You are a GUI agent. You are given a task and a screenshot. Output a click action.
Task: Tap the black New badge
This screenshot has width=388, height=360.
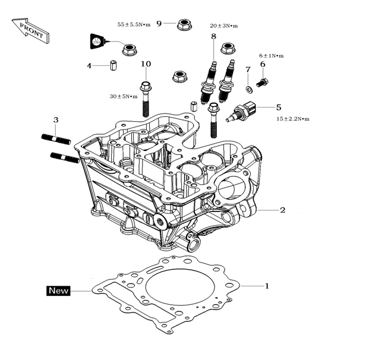click(58, 291)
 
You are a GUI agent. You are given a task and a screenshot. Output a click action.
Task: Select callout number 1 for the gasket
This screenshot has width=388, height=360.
click(267, 286)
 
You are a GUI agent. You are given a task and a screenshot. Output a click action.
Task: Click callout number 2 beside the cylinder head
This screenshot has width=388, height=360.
click(283, 210)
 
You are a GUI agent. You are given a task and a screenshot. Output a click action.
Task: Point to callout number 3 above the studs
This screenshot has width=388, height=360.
click(56, 121)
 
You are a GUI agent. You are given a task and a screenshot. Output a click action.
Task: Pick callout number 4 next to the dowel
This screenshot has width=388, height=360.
click(90, 65)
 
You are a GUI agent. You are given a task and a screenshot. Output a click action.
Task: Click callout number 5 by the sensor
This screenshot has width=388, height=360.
click(279, 108)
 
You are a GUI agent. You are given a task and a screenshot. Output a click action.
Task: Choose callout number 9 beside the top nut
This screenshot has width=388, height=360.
click(159, 23)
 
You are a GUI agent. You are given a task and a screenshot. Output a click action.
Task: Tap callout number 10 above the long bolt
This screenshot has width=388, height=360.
click(146, 64)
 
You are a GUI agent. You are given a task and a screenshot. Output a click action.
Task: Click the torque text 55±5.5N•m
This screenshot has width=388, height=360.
click(134, 24)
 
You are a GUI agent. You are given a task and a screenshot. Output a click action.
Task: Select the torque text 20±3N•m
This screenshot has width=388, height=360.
click(223, 26)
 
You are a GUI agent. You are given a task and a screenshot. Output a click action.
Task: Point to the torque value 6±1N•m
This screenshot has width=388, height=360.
click(271, 56)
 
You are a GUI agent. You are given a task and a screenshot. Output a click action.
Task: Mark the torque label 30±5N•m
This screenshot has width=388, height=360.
click(124, 96)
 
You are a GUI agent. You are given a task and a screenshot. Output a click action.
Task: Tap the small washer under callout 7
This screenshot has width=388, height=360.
click(248, 89)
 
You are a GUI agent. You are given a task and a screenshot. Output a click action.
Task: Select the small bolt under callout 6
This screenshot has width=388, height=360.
click(263, 82)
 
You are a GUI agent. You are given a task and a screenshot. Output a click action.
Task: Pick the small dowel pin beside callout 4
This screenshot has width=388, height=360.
click(112, 65)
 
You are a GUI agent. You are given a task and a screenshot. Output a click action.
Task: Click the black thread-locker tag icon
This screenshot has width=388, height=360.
click(97, 42)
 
